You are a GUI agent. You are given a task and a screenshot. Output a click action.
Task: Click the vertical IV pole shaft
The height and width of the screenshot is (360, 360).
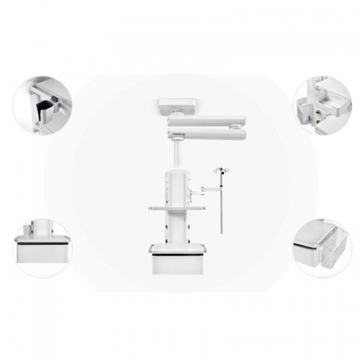tap(221, 205)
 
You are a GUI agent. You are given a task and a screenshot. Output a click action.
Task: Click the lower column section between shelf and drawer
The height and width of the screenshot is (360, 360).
tap(176, 227)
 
